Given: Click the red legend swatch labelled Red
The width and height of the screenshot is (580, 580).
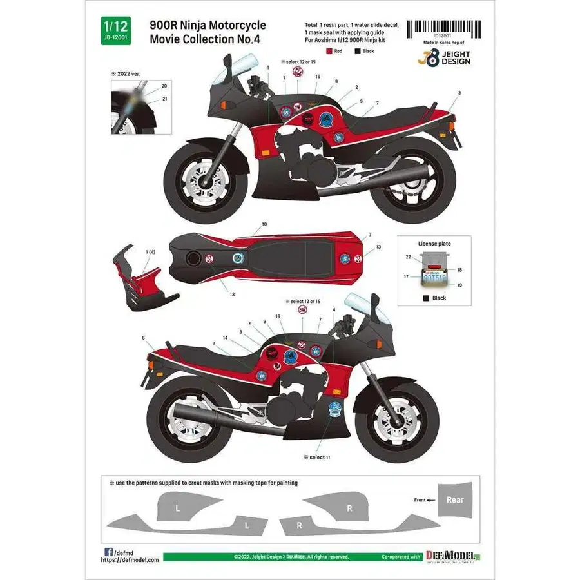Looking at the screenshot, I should point(329,51).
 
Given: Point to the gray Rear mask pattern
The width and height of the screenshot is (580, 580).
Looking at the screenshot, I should point(455,499).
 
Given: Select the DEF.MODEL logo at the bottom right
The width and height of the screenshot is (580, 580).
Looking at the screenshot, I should point(457,556).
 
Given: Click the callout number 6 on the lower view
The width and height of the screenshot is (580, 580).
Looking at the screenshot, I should point(143,338).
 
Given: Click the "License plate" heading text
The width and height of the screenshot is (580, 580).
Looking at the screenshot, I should point(435,244).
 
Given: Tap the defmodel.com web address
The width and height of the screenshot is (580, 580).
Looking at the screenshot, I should point(129,560).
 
